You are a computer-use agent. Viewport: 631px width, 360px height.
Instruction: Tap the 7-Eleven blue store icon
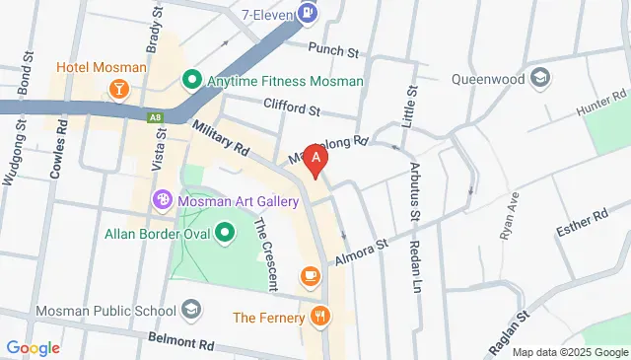point(309,13)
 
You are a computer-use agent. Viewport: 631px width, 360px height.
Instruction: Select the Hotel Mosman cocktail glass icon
point(118,90)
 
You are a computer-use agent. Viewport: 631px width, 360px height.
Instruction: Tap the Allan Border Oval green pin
point(226,234)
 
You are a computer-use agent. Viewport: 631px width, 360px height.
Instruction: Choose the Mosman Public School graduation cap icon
point(191,311)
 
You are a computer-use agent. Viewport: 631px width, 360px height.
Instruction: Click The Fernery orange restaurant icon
point(320,317)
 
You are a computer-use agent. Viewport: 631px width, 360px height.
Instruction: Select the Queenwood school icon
point(540,78)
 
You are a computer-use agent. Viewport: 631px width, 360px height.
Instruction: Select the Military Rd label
point(222,137)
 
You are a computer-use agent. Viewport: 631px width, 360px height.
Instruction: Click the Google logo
point(34,347)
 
